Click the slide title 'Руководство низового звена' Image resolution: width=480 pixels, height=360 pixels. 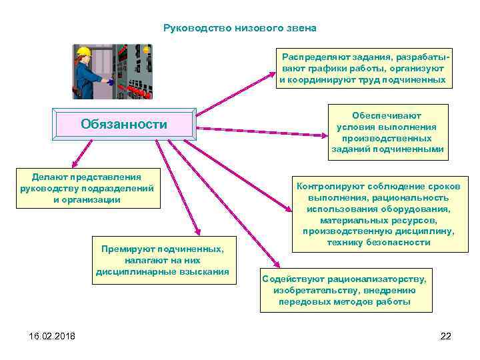(240, 29)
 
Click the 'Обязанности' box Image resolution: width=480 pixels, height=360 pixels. (124, 124)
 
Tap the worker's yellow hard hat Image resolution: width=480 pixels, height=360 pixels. (83, 51)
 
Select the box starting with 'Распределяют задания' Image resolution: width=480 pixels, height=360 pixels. (362, 69)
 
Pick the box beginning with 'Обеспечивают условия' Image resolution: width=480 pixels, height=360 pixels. (387, 132)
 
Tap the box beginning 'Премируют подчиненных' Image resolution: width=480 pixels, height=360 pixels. (163, 260)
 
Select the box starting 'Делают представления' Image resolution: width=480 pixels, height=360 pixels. (87, 189)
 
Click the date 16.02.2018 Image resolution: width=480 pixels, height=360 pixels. (52, 335)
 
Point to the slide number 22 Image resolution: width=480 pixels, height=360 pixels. (446, 335)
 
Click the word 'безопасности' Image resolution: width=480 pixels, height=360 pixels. (401, 243)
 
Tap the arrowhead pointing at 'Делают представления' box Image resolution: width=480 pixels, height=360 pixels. (76, 162)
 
